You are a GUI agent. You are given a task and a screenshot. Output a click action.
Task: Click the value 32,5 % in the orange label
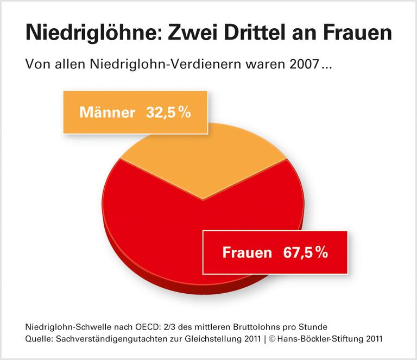tap(169, 112)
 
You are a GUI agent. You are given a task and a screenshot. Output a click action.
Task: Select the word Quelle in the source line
tap(39, 339)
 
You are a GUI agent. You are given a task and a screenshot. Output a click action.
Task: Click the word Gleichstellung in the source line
tap(209, 339)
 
